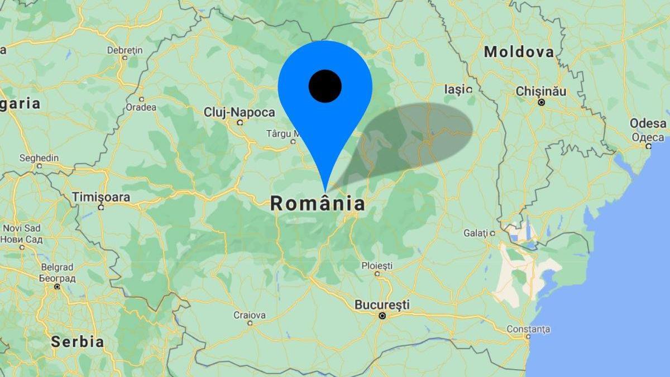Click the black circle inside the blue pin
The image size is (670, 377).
[325, 86]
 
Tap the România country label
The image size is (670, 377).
[318, 204]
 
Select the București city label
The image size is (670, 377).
[382, 305]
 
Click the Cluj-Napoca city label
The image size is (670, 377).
[239, 112]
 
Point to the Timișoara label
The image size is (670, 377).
[101, 197]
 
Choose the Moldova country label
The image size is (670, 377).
[519, 53]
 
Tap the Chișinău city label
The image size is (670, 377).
[540, 91]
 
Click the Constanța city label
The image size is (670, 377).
[528, 329]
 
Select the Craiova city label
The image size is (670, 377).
[249, 315]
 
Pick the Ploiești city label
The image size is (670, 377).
[377, 265]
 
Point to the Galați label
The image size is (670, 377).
[477, 233]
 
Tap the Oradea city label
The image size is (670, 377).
[141, 107]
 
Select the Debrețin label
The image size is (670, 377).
[125, 50]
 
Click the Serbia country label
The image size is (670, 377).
[77, 342]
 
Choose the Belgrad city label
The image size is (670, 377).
[57, 268]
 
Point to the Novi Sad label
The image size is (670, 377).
[22, 228]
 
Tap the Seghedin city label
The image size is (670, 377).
[39, 158]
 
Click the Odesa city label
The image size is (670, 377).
[648, 123]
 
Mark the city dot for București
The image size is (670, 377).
[382, 316]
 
